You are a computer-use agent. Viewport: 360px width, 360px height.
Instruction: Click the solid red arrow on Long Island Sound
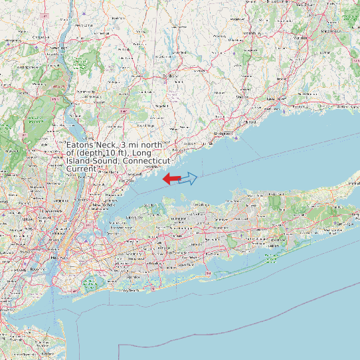point(171,179)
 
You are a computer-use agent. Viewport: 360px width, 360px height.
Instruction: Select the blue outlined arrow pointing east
point(189,178)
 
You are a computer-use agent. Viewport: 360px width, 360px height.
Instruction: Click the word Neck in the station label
point(108,145)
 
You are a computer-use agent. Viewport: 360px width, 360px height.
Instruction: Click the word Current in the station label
point(82,169)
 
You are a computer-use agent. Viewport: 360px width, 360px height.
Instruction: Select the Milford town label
point(250,123)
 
